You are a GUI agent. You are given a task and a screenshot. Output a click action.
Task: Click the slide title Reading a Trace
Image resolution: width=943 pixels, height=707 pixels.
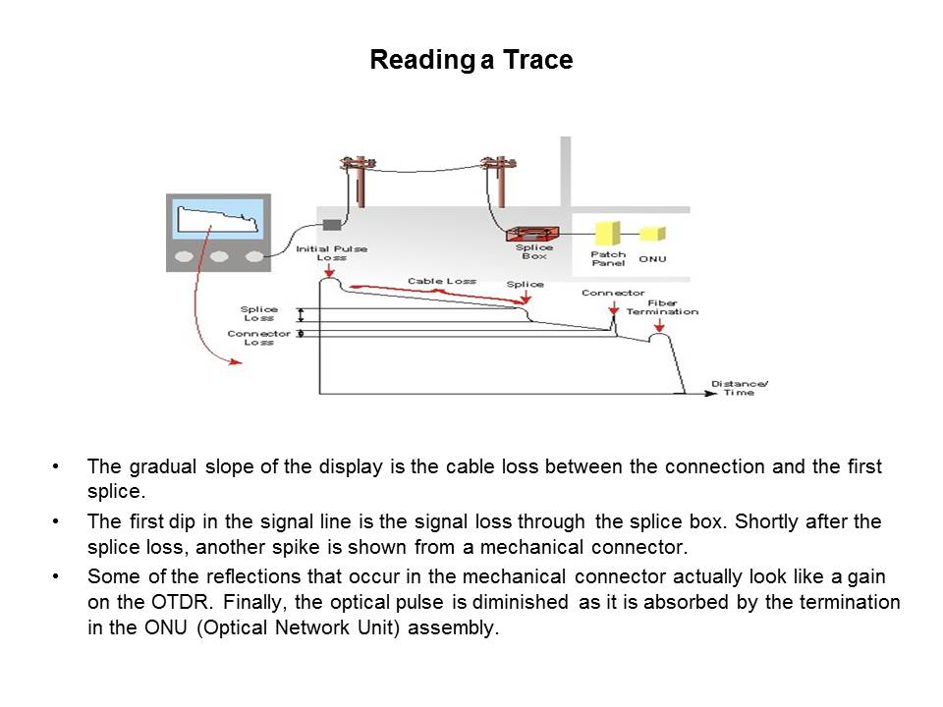pyautogui.click(x=471, y=61)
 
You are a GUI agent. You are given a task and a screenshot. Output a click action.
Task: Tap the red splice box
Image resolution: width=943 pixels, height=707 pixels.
pyautogui.click(x=531, y=234)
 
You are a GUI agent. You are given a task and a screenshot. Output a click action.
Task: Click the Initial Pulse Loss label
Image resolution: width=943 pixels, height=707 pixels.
pyautogui.click(x=332, y=252)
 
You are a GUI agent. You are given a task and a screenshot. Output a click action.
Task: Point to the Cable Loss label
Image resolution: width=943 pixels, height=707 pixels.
pyautogui.click(x=441, y=281)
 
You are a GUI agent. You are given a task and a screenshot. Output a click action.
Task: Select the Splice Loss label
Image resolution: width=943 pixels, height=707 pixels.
pyautogui.click(x=259, y=313)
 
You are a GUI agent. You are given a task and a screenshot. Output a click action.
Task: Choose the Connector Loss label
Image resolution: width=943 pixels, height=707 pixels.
pyautogui.click(x=259, y=337)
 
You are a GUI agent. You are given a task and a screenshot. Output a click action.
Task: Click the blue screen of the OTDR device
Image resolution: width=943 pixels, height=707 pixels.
pyautogui.click(x=219, y=219)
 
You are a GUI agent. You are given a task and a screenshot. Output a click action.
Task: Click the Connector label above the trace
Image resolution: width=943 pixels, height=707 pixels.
pyautogui.click(x=613, y=293)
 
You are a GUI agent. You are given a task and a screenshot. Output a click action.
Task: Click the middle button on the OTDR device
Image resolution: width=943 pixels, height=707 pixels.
pyautogui.click(x=219, y=256)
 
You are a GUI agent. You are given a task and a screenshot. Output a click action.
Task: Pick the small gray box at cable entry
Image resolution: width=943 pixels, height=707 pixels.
pyautogui.click(x=332, y=225)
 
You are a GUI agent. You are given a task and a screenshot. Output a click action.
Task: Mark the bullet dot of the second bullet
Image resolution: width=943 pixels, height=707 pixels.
pyautogui.click(x=62, y=521)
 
